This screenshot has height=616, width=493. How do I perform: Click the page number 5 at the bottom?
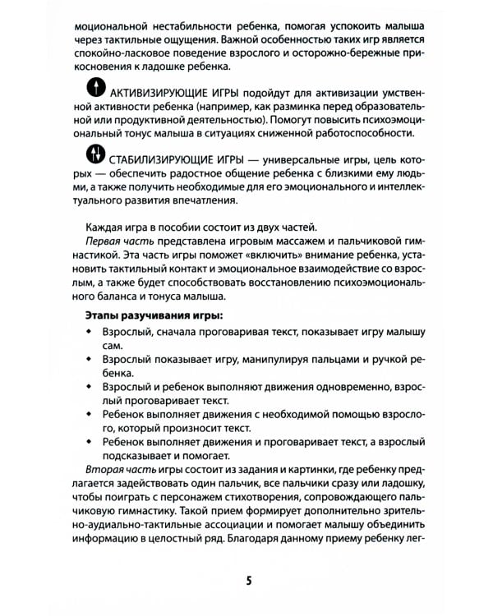click(248, 581)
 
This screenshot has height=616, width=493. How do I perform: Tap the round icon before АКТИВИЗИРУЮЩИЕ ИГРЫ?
click(97, 88)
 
